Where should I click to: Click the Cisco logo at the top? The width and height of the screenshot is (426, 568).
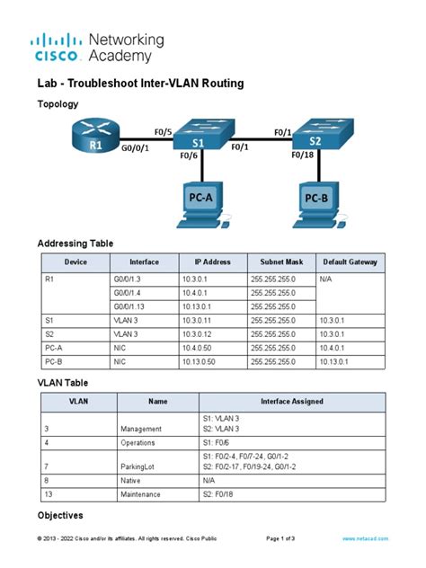[x=57, y=47]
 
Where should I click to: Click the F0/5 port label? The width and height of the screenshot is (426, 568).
[x=163, y=133]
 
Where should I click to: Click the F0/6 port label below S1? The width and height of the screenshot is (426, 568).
[x=189, y=155]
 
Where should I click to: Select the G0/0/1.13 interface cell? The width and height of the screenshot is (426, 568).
[x=132, y=305]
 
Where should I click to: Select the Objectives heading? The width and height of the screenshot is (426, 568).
[x=59, y=516]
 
